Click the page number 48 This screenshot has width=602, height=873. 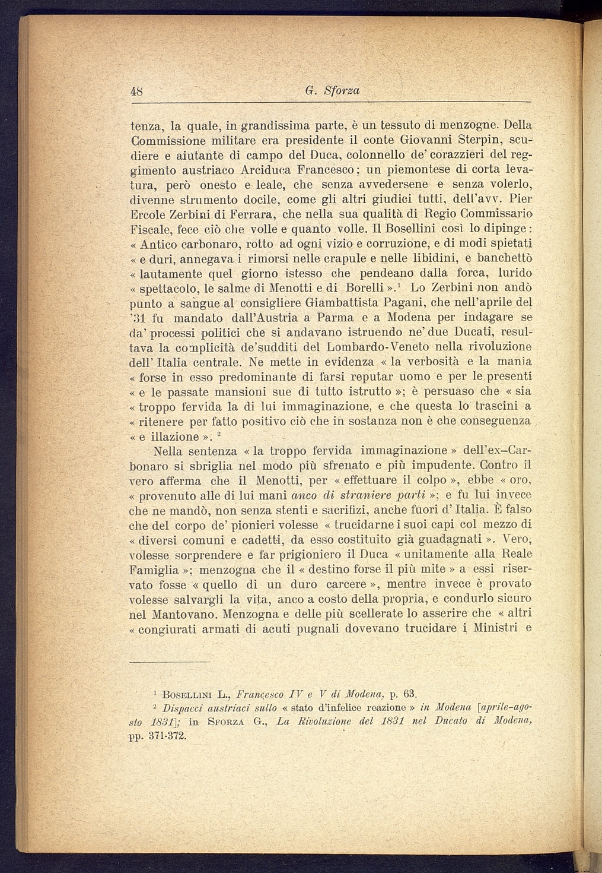(x=137, y=91)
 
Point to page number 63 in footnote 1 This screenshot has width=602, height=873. (x=410, y=693)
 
